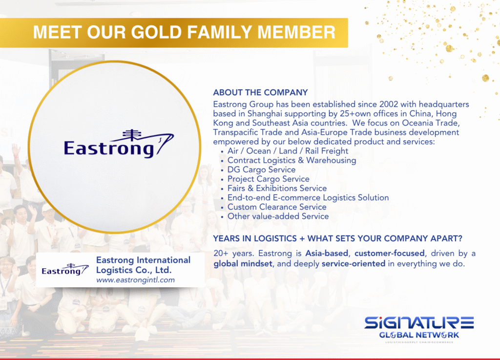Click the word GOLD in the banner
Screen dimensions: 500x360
pyautogui.click(x=157, y=32)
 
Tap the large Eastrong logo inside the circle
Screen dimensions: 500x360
pyautogui.click(x=119, y=144)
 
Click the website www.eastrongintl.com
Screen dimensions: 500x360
pyautogui.click(x=136, y=280)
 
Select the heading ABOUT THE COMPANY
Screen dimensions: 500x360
pyautogui.click(x=261, y=92)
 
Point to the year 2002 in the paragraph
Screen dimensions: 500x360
pyautogui.click(x=388, y=104)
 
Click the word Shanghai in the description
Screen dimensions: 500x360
pyautogui.click(x=265, y=114)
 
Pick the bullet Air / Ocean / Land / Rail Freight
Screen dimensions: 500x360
pyautogui.click(x=288, y=151)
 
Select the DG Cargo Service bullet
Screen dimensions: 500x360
pyautogui.click(x=262, y=169)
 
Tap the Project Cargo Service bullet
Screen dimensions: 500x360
pyautogui.click(x=268, y=179)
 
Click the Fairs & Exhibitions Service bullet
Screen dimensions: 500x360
pyautogui.click(x=277, y=188)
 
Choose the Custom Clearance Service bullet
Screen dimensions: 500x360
pyautogui.click(x=277, y=207)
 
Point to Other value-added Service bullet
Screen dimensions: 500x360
pyautogui.click(x=278, y=216)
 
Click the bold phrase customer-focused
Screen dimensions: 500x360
pyautogui.click(x=389, y=253)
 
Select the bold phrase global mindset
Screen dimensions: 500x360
pyautogui.click(x=243, y=264)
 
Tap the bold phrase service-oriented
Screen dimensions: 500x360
pyautogui.click(x=354, y=264)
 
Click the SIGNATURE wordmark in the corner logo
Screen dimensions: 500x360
pyautogui.click(x=419, y=323)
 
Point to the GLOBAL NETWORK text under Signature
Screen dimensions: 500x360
pyautogui.click(x=419, y=335)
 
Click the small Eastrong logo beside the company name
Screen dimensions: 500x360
pyautogui.click(x=65, y=270)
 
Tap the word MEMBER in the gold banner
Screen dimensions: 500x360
pyautogui.click(x=296, y=32)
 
